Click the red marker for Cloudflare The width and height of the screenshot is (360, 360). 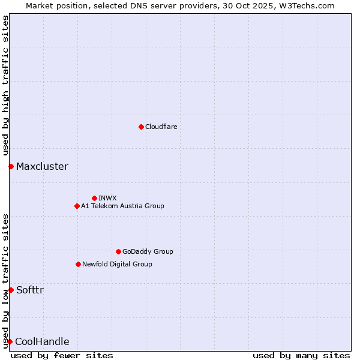141,127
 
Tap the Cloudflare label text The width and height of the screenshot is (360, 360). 161,127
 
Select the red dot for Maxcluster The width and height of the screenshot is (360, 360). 11,166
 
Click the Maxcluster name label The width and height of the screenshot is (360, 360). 42,166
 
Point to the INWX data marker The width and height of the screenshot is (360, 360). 94,198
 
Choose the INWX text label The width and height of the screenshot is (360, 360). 107,198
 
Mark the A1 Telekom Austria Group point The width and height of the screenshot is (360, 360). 77,206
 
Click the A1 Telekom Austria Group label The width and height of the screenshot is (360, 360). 122,206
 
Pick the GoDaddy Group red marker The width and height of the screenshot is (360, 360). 118,251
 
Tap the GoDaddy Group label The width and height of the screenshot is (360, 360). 148,251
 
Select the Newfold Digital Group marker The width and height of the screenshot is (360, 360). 78,264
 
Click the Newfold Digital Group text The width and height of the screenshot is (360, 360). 117,264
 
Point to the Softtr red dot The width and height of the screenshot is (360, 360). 11,290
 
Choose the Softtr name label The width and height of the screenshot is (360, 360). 29,290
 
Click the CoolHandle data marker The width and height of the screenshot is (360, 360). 10,341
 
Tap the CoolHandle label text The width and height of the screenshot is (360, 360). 42,341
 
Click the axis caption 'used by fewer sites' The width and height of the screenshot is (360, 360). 62,355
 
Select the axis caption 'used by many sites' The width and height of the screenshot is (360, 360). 301,355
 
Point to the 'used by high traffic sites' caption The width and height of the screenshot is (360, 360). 5,85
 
